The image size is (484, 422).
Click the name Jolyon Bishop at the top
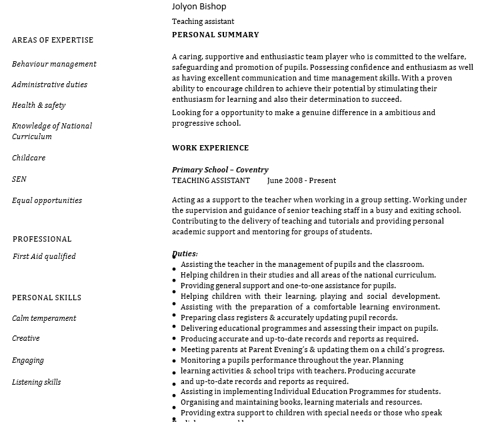point(199,7)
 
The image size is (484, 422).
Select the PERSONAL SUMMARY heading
point(215,35)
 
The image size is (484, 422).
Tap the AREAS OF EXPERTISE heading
point(53,40)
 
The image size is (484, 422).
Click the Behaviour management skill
point(54,64)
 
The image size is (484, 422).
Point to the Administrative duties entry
point(49,85)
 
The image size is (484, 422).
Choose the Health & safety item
point(39,105)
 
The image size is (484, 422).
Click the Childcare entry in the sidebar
point(29,158)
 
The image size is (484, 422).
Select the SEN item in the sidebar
point(19,179)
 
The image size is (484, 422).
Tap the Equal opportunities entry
point(47,200)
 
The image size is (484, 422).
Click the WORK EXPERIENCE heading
point(210,148)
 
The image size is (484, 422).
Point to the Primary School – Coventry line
point(220,170)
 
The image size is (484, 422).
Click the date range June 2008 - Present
point(301,180)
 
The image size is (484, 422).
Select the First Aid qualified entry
point(44,256)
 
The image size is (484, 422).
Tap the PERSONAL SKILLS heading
point(47,298)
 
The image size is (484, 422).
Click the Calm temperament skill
point(44,318)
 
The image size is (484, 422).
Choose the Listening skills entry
point(36,382)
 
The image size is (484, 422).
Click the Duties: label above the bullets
point(185,254)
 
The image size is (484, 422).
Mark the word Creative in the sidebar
point(26,338)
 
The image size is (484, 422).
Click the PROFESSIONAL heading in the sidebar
point(42,239)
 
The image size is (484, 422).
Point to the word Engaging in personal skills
point(28,360)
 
